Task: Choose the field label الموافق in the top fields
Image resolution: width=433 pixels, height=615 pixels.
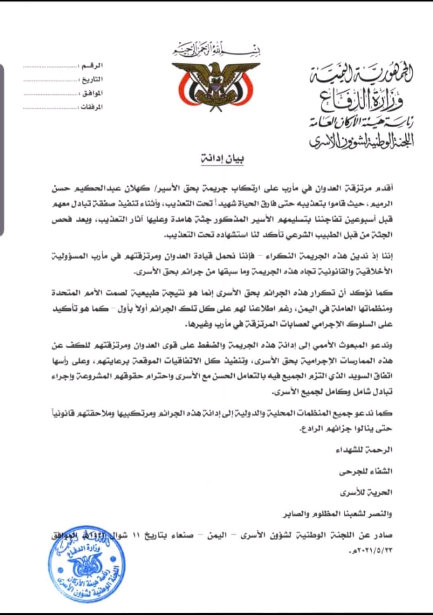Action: [x=91, y=93]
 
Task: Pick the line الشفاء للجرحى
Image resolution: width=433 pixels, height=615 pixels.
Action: [x=366, y=471]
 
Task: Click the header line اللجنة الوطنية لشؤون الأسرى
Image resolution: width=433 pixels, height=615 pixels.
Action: [x=362, y=141]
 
